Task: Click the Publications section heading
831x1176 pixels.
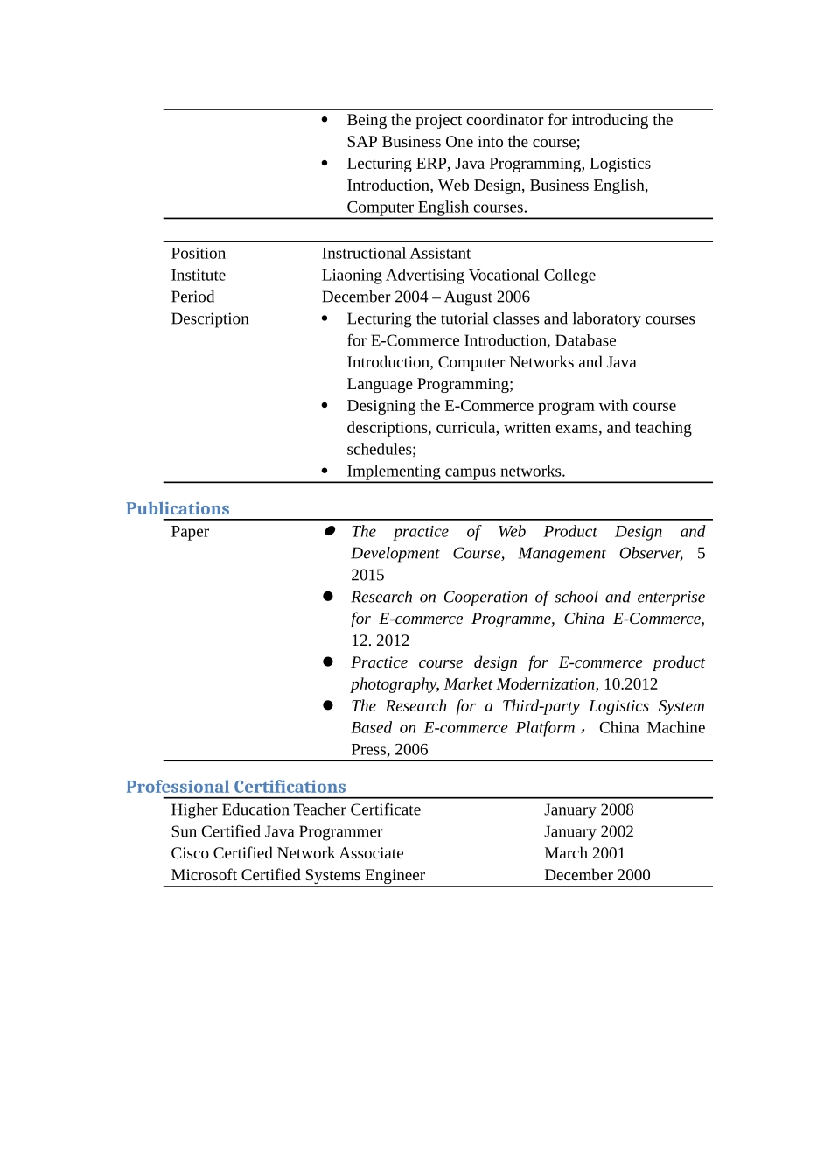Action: (x=178, y=508)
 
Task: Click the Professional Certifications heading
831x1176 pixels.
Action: (x=235, y=787)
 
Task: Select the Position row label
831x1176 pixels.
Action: (x=199, y=254)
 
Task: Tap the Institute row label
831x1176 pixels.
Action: (x=199, y=276)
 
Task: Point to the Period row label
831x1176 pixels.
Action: (x=192, y=297)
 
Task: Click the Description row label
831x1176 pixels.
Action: (x=210, y=319)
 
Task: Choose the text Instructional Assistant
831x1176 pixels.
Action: (x=395, y=254)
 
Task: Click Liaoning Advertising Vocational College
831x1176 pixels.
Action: (x=458, y=276)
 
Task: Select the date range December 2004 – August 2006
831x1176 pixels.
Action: (x=425, y=297)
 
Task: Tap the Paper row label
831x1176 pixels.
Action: (x=190, y=532)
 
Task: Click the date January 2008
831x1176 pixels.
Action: (x=589, y=810)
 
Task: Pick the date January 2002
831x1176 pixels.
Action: (x=589, y=832)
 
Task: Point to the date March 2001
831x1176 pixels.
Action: (x=584, y=853)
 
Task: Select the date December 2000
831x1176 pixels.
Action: (x=597, y=875)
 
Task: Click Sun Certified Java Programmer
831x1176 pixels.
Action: (x=276, y=832)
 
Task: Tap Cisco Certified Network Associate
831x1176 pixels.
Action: (x=287, y=853)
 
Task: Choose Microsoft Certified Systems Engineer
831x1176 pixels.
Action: (x=297, y=875)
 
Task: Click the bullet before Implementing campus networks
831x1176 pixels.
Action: (x=325, y=471)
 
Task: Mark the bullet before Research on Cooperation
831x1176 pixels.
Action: (x=328, y=596)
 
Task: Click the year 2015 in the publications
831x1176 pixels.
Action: (x=367, y=576)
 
